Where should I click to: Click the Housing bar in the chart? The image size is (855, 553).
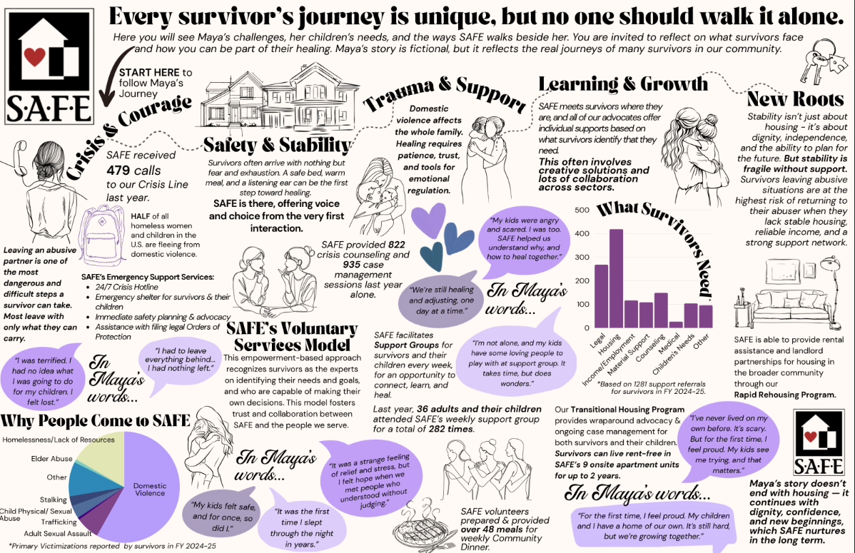point(617,278)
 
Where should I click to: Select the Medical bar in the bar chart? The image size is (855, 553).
point(675,325)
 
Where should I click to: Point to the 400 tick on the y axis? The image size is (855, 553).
point(581,233)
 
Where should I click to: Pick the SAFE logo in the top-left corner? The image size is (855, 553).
point(50,67)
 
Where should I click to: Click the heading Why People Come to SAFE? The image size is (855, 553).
point(96,419)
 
